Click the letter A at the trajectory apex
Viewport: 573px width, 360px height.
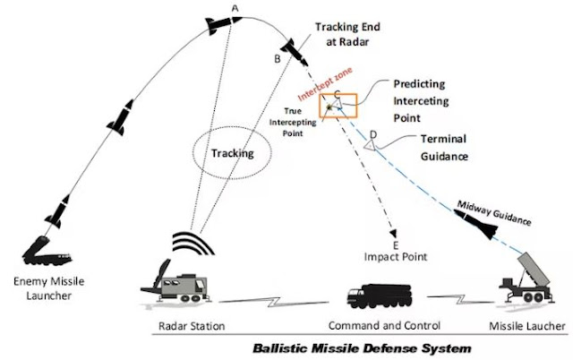tap(235, 8)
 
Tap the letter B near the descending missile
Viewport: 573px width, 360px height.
tap(278, 59)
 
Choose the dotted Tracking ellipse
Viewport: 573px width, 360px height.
tap(232, 153)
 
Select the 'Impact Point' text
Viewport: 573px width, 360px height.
tap(397, 257)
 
